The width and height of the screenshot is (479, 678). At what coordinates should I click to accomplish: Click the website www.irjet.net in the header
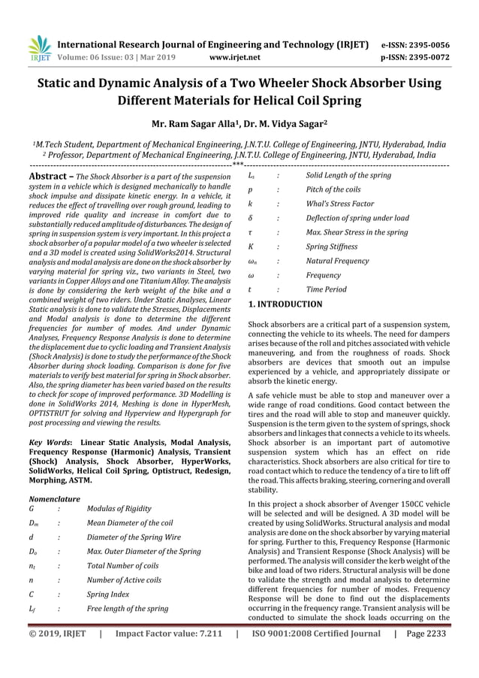tap(236, 56)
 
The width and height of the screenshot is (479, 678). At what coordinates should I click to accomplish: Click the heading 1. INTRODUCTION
tap(285, 304)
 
